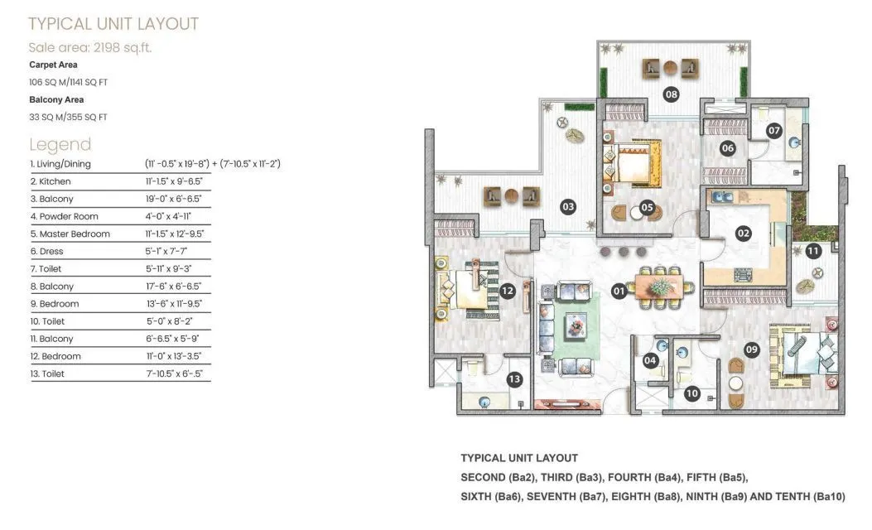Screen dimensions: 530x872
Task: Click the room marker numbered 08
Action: [x=671, y=94]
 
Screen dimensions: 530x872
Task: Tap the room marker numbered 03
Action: [x=567, y=206]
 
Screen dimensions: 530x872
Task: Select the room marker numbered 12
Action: [x=508, y=291]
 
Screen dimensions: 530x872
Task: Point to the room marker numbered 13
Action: [x=514, y=379]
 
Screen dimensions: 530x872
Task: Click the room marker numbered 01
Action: [x=619, y=291]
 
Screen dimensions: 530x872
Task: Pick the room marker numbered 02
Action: [x=743, y=234]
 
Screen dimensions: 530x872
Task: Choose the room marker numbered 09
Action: [x=752, y=349]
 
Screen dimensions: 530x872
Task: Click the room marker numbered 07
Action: [x=774, y=131]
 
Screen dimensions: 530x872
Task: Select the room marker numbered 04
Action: [x=650, y=360]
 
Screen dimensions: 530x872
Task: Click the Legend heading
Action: [x=60, y=144]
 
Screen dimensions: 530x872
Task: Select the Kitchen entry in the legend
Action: [x=51, y=181]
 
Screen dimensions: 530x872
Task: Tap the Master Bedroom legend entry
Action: [x=70, y=234]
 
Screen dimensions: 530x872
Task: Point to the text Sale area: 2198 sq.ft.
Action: [x=89, y=47]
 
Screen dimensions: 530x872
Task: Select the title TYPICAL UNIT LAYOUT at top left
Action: [x=113, y=23]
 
